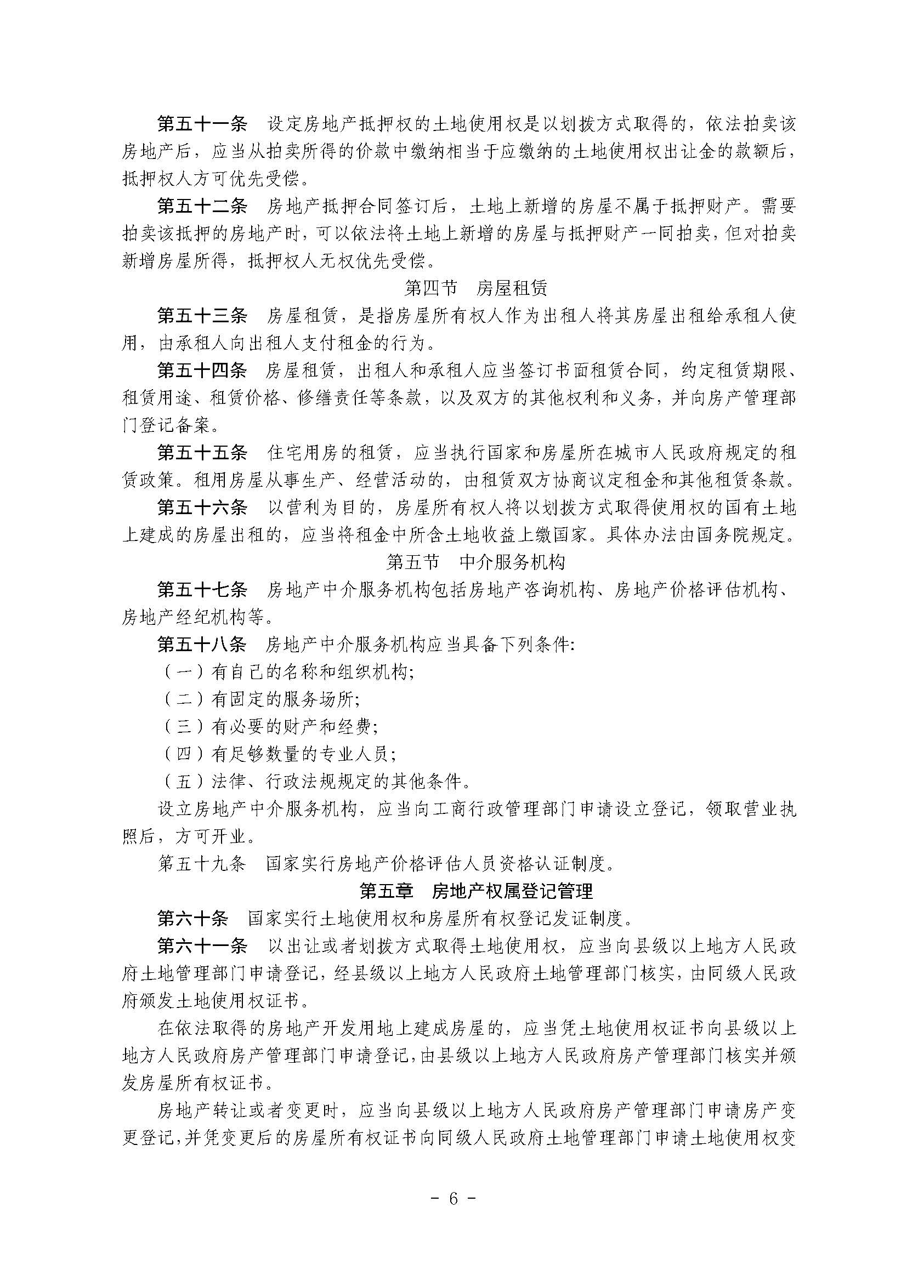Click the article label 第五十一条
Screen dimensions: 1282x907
coord(202,124)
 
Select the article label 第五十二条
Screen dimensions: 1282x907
coord(202,206)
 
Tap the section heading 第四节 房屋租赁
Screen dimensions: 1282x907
coord(476,288)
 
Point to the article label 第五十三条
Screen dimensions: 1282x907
coord(202,316)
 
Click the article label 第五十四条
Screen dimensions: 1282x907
coord(202,370)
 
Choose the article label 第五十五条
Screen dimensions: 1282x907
coord(202,452)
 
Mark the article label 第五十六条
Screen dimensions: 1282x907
coord(202,507)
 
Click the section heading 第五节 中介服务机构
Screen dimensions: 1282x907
coord(476,562)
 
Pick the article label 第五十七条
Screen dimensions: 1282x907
coord(202,589)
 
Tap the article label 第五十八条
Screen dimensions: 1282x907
coord(202,645)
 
